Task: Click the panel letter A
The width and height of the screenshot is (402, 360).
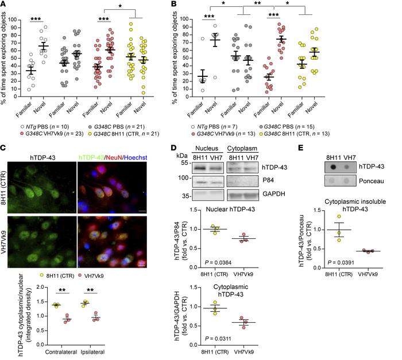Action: pyautogui.click(x=5, y=5)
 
